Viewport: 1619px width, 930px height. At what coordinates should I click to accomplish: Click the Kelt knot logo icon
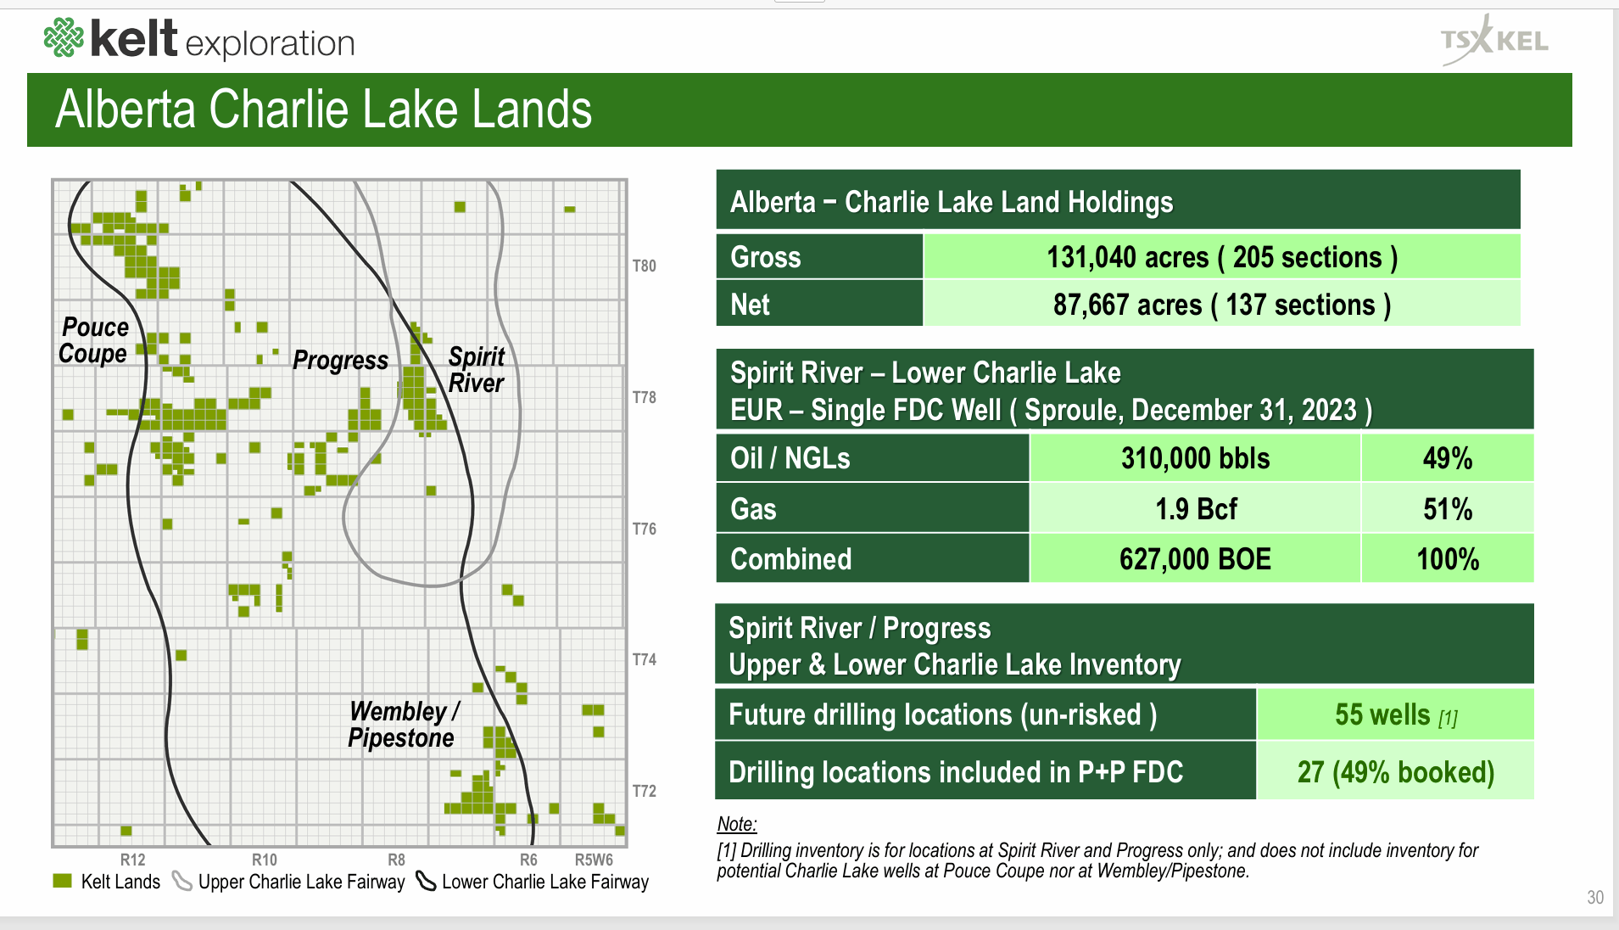coord(64,38)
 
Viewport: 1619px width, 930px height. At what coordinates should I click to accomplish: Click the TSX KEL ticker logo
coord(1494,40)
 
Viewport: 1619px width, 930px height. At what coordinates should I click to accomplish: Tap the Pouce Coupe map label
coord(94,340)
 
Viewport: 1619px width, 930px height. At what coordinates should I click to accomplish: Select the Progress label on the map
coord(340,361)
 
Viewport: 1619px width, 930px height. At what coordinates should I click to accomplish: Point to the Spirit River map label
coord(476,370)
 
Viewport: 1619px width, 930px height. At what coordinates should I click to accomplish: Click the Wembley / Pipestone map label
coord(404,724)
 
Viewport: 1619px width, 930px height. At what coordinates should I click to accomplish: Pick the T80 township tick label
coord(644,266)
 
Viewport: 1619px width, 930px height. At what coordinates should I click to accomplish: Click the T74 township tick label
coord(644,659)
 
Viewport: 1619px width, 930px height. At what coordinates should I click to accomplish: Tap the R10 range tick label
coord(264,860)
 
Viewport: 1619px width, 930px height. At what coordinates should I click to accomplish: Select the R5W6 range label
coord(593,860)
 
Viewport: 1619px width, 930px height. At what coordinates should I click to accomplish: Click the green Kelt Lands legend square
coord(62,881)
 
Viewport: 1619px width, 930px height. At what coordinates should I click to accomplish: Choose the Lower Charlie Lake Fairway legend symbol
coord(426,882)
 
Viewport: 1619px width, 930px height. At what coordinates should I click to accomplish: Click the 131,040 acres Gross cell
coord(1221,257)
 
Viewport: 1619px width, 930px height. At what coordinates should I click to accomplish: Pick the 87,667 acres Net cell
coord(1221,305)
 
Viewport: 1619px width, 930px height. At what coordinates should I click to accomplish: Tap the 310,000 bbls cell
coord(1195,458)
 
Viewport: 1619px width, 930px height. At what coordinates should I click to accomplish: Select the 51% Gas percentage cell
coord(1447,509)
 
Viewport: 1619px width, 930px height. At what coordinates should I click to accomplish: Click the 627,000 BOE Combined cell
coord(1195,559)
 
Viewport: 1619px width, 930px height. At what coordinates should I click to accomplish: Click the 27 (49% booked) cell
coord(1395,772)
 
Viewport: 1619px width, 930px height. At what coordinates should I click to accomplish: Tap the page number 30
coord(1594,898)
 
